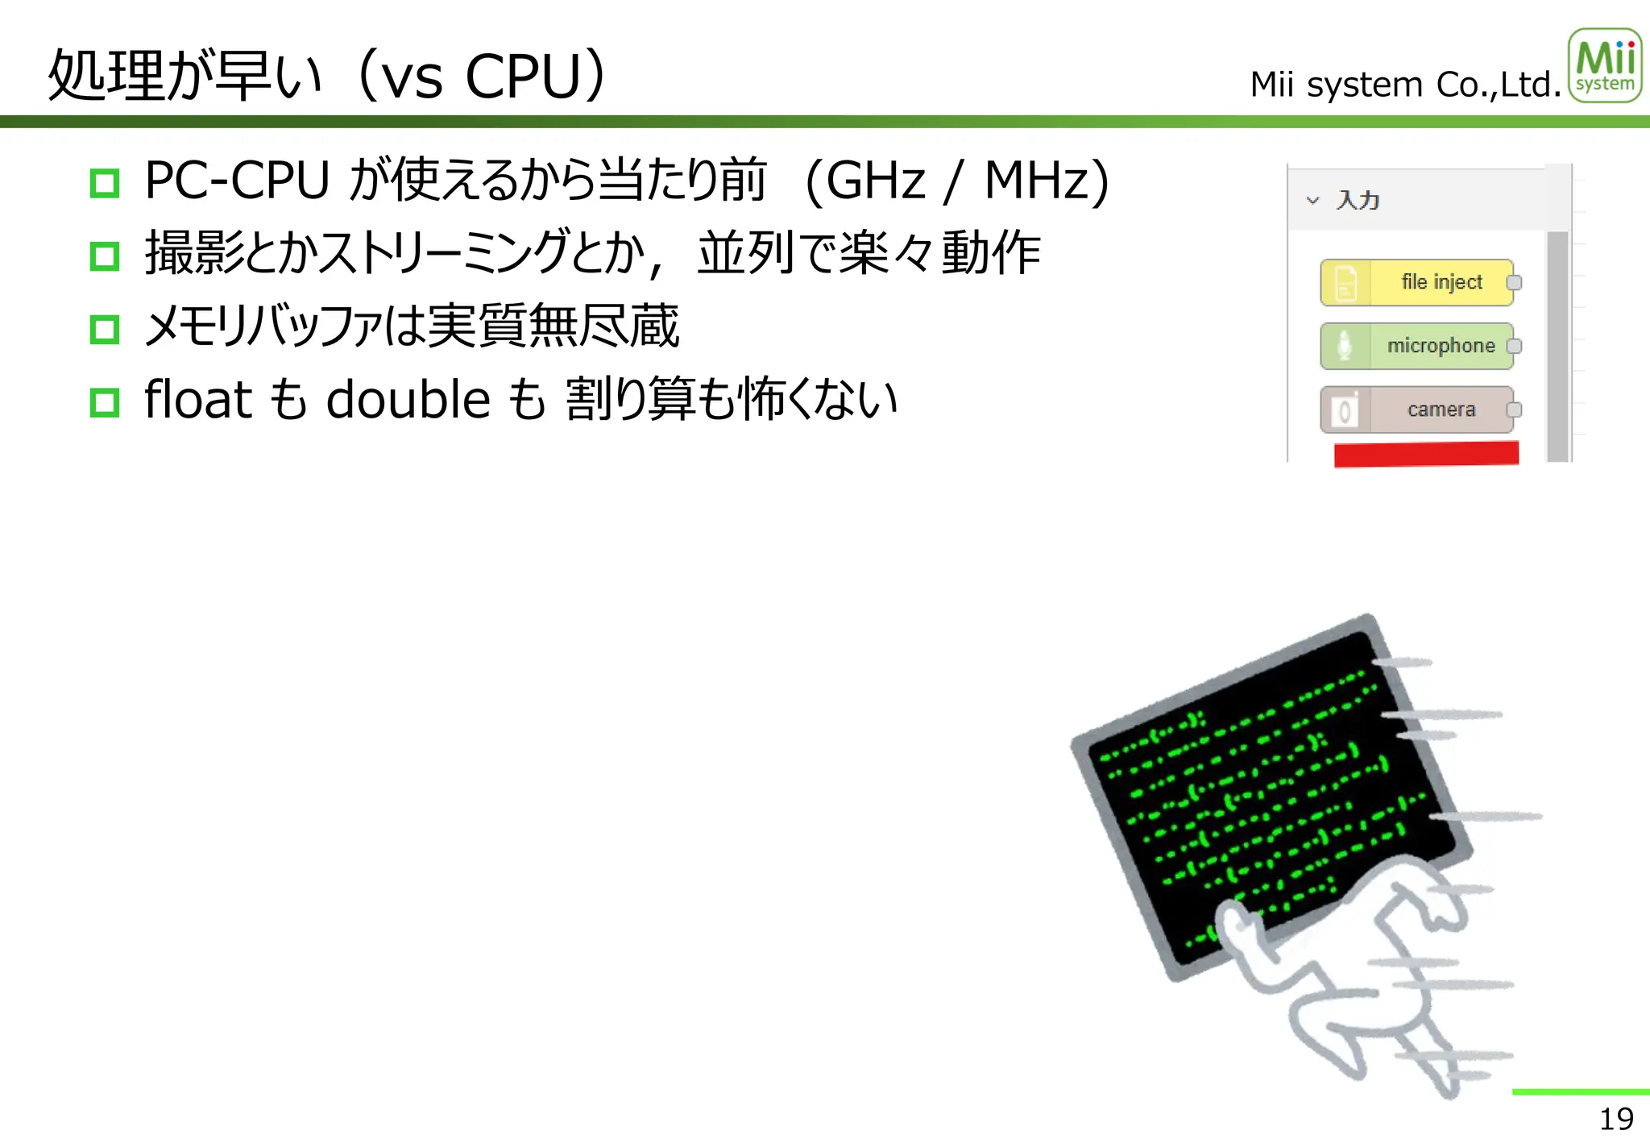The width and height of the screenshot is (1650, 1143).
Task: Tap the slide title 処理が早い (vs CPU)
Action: coord(327,76)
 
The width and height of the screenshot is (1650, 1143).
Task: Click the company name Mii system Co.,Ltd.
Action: coord(1405,85)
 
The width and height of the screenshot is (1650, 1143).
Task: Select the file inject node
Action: coord(1417,282)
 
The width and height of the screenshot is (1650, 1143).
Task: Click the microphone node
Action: coord(1417,346)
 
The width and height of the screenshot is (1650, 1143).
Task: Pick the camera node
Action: coord(1417,409)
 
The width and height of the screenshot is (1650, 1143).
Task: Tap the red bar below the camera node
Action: coord(1426,454)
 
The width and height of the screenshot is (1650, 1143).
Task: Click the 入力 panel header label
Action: coord(1358,200)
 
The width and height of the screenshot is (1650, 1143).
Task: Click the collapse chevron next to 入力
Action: coord(1312,200)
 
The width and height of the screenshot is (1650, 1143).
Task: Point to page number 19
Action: coord(1616,1119)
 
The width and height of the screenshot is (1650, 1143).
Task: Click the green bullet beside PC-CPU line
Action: coord(105,183)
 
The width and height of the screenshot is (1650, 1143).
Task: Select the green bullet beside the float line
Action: coord(105,401)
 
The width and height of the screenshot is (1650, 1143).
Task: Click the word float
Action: coord(198,399)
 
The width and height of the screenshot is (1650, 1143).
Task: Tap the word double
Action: coord(408,399)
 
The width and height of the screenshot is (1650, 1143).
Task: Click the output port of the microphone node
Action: coord(1514,346)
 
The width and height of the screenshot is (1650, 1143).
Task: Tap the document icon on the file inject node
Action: coord(1345,283)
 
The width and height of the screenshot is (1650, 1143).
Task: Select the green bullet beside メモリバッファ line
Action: coord(105,329)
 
